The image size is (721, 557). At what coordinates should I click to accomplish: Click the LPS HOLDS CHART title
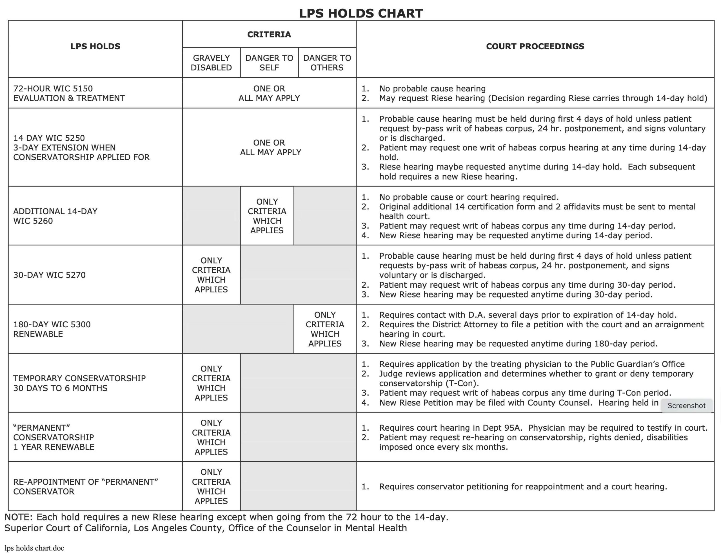360,13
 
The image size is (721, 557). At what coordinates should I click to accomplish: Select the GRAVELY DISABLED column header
211,63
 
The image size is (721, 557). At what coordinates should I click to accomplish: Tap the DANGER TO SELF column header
269,63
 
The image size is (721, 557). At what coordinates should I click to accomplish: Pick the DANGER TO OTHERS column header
327,63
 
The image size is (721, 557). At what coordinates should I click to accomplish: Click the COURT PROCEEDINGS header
535,46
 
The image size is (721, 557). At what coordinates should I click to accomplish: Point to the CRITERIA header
269,34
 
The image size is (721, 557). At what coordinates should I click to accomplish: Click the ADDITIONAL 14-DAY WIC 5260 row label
55,216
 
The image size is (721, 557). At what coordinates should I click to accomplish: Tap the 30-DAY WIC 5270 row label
49,275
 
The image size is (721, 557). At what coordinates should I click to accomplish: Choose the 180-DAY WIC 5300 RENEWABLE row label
52,329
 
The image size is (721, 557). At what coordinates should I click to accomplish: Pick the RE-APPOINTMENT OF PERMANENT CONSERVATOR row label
86,486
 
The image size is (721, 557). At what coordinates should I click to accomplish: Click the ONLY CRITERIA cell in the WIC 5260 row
267,216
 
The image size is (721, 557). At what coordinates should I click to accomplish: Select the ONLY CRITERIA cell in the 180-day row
325,329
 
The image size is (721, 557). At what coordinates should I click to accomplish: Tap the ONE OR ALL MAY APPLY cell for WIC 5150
269,93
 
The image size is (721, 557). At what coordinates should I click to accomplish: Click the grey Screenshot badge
686,406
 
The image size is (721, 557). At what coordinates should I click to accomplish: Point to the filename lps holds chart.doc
34,548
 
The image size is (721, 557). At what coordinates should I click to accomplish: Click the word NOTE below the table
18,517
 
